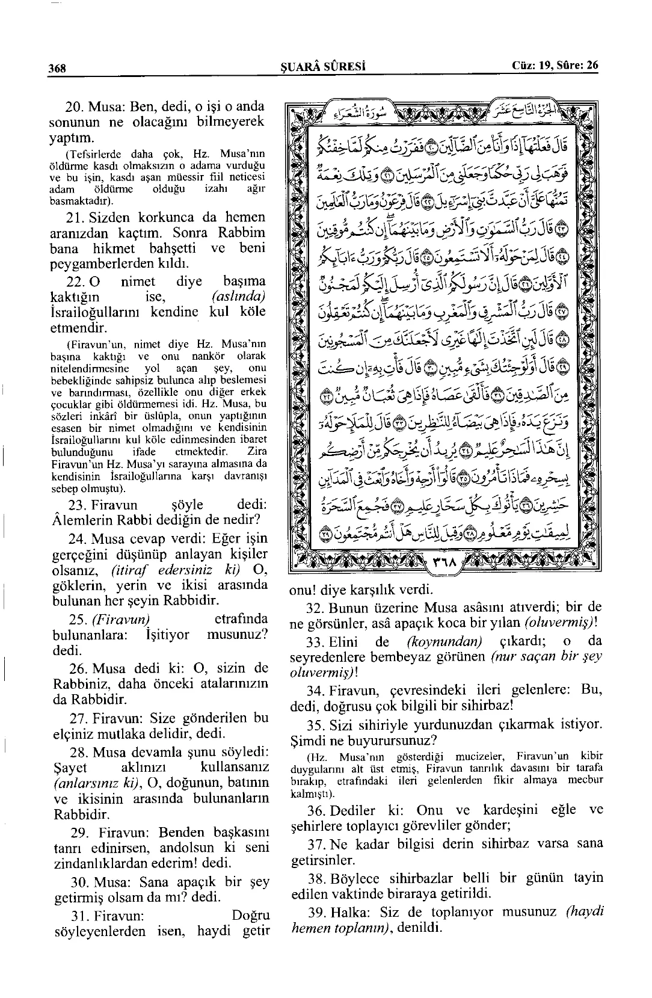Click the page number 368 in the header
(x=57, y=67)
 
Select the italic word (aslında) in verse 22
(x=239, y=297)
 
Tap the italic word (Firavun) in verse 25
(x=118, y=619)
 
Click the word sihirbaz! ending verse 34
(x=486, y=706)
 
